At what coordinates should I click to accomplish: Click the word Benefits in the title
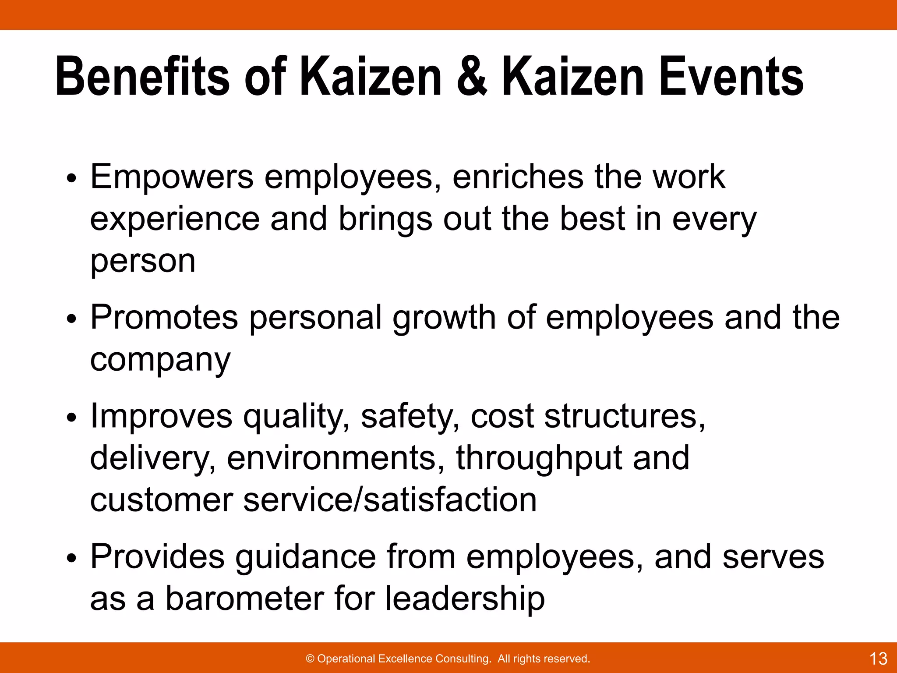142,77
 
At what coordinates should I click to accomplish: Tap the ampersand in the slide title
472,77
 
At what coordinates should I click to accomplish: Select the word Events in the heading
731,77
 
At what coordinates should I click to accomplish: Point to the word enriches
517,177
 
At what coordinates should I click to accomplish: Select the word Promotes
164,318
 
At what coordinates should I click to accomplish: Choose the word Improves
161,417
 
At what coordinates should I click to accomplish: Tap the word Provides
157,557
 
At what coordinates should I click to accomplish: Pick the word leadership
465,599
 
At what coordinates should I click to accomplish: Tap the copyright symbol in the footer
310,659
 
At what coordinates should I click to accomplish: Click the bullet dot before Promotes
71,320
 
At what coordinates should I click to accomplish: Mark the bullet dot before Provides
71,559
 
